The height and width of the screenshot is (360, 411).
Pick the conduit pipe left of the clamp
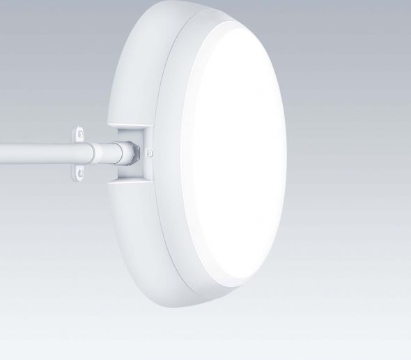tap(35, 150)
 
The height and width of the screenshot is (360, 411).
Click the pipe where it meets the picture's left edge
tap(2, 150)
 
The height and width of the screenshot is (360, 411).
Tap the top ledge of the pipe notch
tap(132, 127)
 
